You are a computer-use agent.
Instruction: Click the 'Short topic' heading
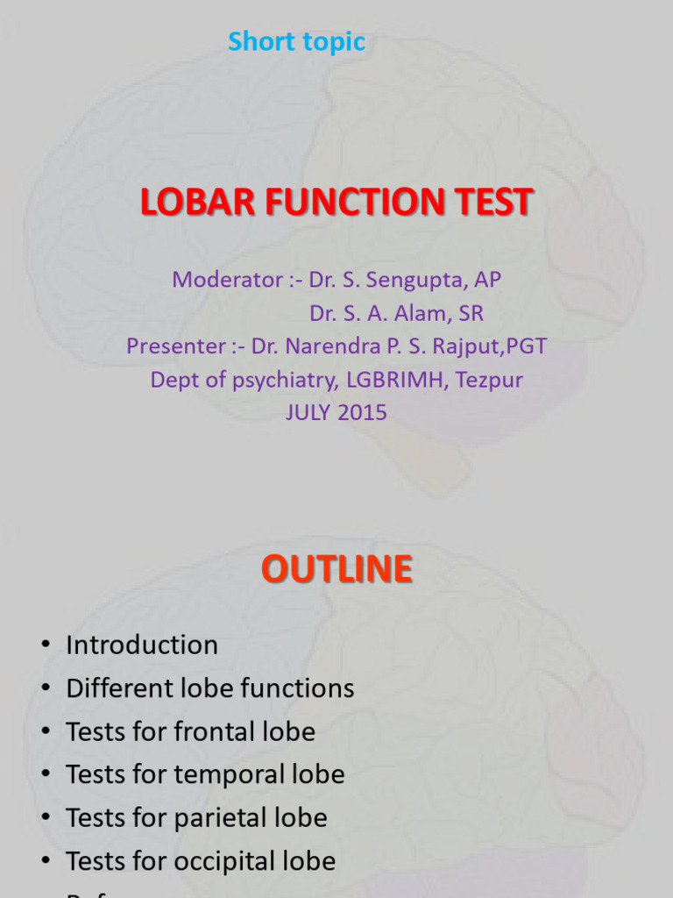tap(296, 41)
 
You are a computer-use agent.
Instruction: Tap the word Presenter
tap(175, 346)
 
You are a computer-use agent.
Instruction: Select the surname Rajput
tap(473, 346)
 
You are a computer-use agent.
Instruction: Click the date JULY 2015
tap(336, 412)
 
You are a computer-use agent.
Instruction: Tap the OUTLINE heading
tap(336, 570)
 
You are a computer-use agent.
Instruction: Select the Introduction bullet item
tap(142, 645)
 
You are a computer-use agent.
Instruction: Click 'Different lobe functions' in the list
tap(210, 688)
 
